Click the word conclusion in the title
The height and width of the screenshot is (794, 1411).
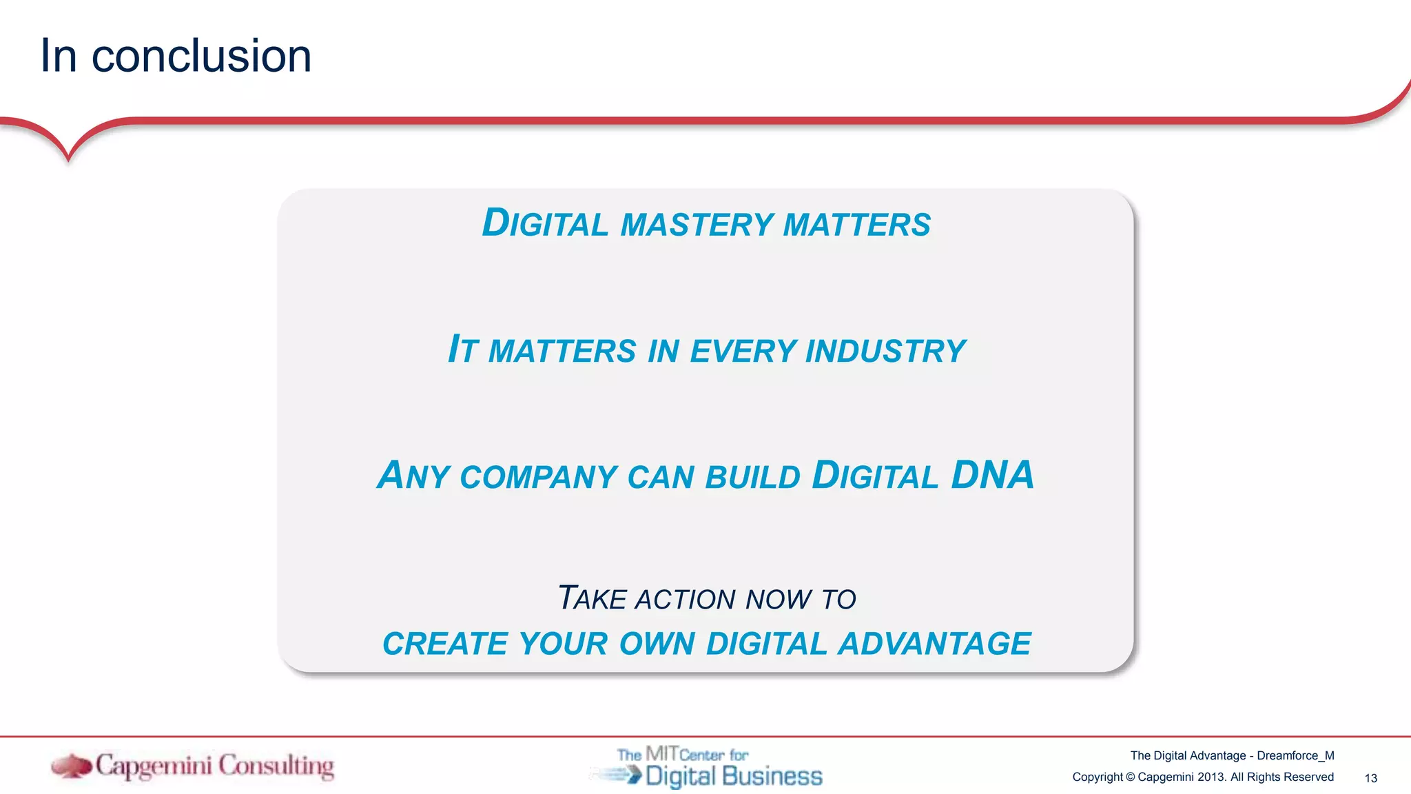pos(201,57)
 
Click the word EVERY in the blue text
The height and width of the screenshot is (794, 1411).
pos(743,352)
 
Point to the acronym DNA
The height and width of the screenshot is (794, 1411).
pos(992,476)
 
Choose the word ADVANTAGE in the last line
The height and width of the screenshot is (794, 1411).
pos(934,644)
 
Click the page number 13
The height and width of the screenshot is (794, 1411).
pos(1370,778)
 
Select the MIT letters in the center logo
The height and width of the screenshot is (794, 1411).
pos(661,753)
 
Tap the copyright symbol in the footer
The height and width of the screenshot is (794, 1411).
pos(1130,777)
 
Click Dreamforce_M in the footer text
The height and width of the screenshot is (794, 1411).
pos(1295,755)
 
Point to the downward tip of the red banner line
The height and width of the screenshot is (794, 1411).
pos(68,159)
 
